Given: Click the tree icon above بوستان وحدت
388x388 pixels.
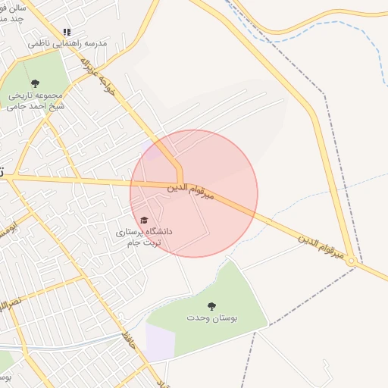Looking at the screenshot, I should point(211,306).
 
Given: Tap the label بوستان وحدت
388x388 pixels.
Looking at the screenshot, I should point(212,318).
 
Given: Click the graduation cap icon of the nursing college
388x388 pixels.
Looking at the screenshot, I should point(144,220).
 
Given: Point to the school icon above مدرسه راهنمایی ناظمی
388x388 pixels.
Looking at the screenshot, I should point(67,33).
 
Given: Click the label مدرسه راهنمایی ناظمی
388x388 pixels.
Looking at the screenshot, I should point(67,44).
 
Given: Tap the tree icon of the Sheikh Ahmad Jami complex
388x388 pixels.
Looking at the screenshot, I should point(34,83).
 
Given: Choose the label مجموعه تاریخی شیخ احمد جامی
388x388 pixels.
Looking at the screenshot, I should point(35,101).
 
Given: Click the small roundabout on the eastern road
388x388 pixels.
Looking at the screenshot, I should point(352,261).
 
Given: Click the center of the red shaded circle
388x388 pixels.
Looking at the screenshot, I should point(194,194).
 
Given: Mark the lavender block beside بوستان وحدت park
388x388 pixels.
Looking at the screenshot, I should point(160,342).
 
